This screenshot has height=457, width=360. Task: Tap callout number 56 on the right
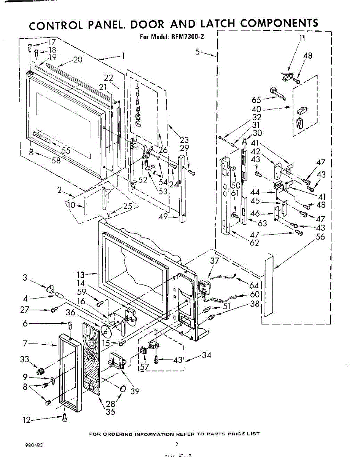tap(320, 237)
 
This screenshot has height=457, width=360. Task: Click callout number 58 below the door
tap(56, 161)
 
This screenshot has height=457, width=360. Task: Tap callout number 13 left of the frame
tap(81, 274)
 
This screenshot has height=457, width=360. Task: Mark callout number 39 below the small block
tap(135, 391)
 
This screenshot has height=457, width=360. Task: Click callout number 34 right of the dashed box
tap(207, 355)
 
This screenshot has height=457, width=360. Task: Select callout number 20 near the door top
tap(78, 59)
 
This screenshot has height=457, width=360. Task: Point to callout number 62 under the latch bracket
tap(244, 242)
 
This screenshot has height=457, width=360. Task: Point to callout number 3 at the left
tap(25, 278)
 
